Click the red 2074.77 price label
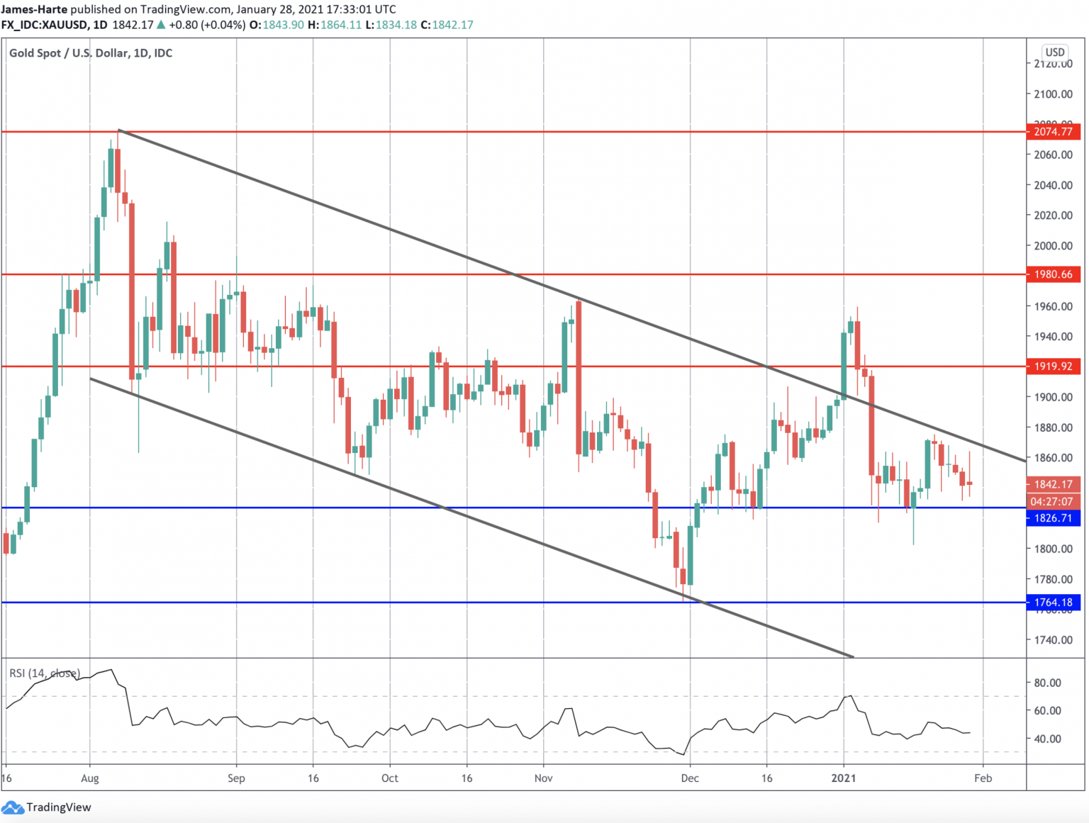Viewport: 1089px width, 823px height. pos(1053,132)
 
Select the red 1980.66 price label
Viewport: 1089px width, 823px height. pos(1053,274)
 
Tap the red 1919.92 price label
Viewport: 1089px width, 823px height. pos(1053,366)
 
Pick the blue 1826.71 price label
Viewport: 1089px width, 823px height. pos(1053,518)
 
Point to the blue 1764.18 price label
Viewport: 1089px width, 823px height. pos(1053,603)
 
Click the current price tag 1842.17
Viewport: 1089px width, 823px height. pos(1053,484)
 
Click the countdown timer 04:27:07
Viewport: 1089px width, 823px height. pos(1053,501)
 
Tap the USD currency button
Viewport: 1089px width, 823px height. pos(1055,52)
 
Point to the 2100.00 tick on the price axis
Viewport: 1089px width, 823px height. pos(1053,94)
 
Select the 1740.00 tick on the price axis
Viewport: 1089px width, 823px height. pos(1053,640)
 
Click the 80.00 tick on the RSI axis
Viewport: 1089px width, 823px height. pos(1047,683)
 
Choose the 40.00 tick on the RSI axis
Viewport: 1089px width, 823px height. pos(1047,739)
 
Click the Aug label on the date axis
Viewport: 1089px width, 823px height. pos(90,778)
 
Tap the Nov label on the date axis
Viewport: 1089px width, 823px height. pos(544,778)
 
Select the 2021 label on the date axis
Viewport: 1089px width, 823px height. pos(843,778)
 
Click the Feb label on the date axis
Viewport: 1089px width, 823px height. pos(983,778)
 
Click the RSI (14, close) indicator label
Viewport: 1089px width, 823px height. pos(45,673)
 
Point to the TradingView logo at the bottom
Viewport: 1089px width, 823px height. pos(48,807)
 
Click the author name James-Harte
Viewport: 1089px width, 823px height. pos(34,9)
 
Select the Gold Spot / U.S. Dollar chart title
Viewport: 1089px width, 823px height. pos(91,53)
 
